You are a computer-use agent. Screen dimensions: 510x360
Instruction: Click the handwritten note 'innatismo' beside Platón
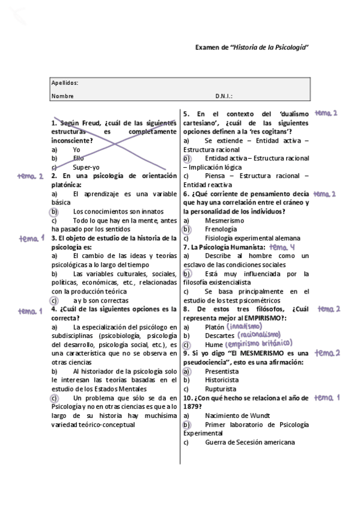[244, 326]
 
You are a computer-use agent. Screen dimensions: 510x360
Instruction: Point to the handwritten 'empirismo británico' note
[265, 344]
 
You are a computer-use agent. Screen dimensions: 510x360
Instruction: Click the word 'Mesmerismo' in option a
[224, 221]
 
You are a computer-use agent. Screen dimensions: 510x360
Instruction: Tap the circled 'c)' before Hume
[186, 345]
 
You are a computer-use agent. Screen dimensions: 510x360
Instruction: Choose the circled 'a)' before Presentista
[186, 372]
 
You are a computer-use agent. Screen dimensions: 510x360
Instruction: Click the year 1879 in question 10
[192, 406]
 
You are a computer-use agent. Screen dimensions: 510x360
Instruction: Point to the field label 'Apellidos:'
[65, 83]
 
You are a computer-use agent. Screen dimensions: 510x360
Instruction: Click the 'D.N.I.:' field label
[224, 96]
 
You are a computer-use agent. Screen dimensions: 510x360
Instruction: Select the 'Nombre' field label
[63, 96]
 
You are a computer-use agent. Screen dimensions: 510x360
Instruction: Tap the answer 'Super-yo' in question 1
[86, 167]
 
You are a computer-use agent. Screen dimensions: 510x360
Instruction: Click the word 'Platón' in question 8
[215, 327]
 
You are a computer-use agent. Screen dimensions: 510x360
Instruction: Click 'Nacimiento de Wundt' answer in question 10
[236, 415]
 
